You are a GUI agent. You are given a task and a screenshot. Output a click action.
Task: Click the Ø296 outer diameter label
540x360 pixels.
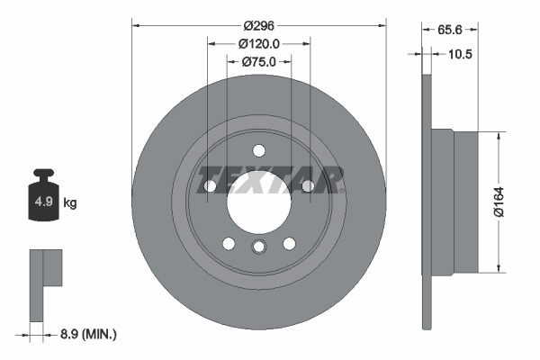coord(259,25)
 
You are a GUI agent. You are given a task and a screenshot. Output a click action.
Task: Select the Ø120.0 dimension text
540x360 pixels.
coord(259,43)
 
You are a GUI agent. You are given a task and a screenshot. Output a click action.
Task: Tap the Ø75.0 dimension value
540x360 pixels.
coord(259,61)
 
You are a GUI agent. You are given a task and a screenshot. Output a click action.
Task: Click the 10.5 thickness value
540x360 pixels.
coord(459,54)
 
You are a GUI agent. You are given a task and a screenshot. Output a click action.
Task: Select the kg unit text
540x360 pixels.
coord(70,203)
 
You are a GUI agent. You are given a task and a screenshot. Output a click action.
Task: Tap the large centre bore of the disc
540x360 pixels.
coord(258,203)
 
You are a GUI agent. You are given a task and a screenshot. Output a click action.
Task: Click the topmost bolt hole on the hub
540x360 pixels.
coord(259,150)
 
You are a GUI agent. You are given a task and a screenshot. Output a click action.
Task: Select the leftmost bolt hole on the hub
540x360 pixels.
coord(211,186)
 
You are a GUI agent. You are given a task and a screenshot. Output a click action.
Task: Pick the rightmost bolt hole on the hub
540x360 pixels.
coord(307,186)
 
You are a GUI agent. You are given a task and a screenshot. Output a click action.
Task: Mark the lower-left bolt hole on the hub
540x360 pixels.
coord(229,244)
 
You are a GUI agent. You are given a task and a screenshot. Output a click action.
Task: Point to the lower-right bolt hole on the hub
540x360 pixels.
coord(289,244)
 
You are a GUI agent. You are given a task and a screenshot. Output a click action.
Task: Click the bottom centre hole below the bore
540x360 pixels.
coord(259,248)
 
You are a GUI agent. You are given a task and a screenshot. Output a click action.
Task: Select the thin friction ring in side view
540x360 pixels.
coord(427,202)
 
